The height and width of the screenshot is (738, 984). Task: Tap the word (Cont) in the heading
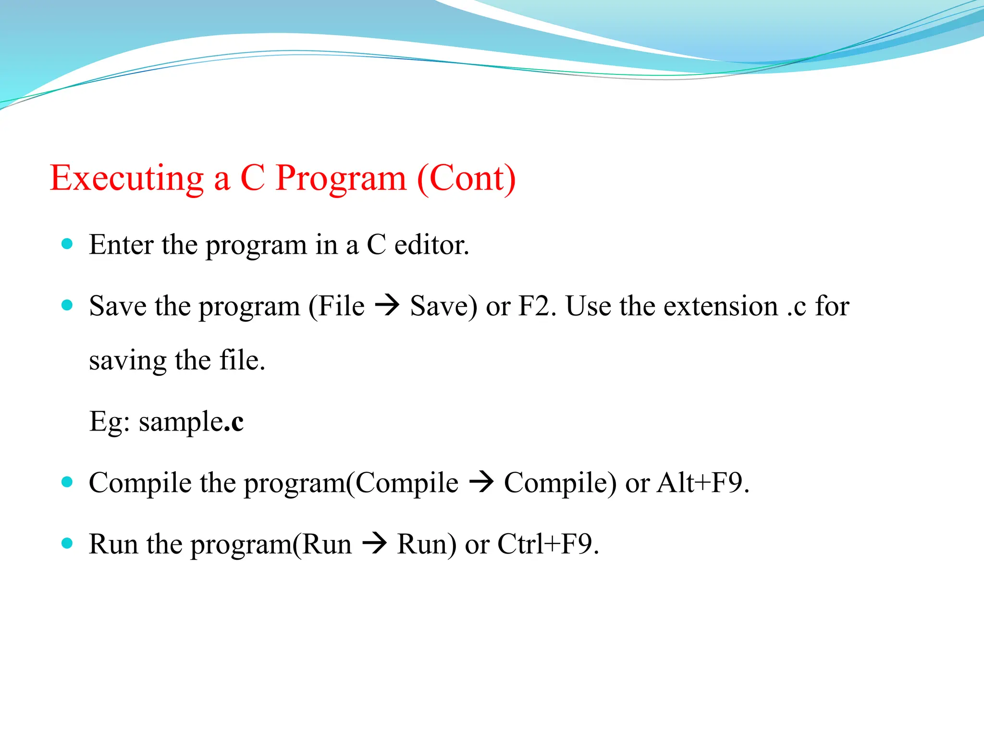point(466,179)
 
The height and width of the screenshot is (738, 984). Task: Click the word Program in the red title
point(341,179)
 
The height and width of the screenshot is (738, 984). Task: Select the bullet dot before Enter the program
point(67,244)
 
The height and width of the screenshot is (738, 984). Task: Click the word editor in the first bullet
point(431,245)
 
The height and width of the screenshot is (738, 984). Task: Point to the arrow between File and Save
point(387,306)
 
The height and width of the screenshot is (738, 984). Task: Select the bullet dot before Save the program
point(67,305)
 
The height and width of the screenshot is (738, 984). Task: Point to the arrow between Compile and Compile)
point(481,482)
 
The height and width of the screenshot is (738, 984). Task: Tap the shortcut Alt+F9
point(702,483)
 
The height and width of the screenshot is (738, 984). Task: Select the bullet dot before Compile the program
point(67,482)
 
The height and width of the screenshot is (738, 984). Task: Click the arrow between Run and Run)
point(374,544)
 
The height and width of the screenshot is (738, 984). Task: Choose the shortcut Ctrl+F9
point(548,544)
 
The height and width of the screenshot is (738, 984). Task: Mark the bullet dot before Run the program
point(67,543)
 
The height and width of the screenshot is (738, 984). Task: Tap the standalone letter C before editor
point(376,245)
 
